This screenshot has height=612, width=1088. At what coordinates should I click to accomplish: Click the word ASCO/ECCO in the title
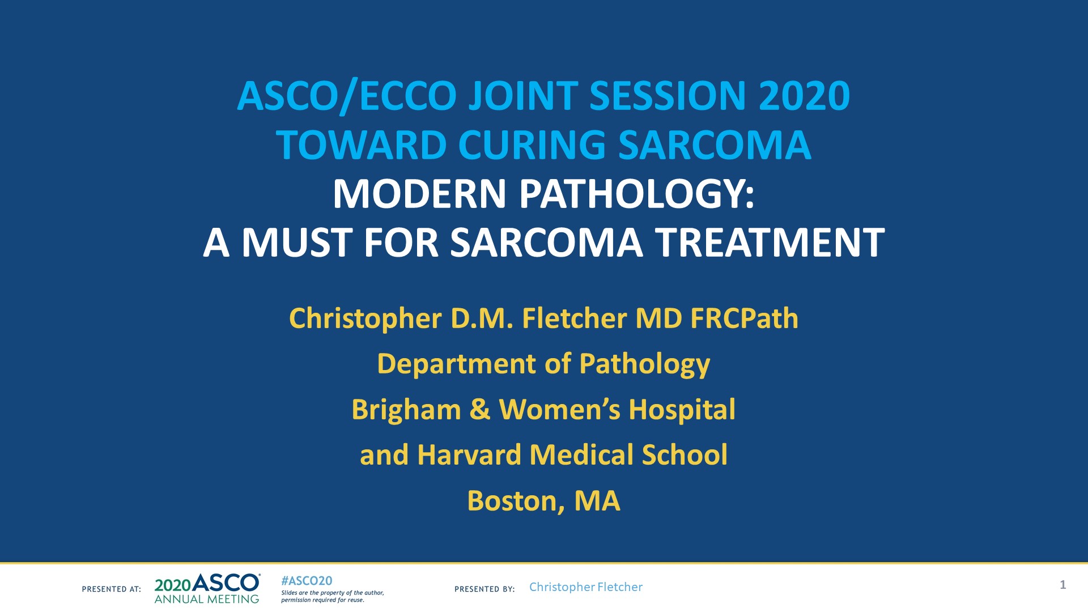click(x=346, y=96)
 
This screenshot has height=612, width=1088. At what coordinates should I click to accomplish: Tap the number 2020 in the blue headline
click(x=804, y=96)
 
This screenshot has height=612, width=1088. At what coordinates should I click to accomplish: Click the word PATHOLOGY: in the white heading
click(x=637, y=194)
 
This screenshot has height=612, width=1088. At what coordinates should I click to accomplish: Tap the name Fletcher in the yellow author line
click(x=575, y=318)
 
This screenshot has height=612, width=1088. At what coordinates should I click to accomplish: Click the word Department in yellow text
click(x=456, y=364)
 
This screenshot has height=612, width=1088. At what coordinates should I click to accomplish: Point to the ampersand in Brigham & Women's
click(x=479, y=410)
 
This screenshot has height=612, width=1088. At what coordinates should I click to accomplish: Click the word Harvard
click(x=469, y=455)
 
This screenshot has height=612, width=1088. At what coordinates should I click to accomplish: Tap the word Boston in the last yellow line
click(x=515, y=501)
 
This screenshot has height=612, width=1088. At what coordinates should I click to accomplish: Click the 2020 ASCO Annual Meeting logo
click(x=207, y=589)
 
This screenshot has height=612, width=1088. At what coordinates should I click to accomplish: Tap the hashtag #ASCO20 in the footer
click(x=307, y=581)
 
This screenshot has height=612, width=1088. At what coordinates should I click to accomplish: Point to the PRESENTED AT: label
click(x=112, y=589)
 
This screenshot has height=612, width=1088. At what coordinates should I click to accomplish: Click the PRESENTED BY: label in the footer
click(x=484, y=589)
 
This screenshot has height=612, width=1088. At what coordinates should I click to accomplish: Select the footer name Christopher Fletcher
click(x=585, y=587)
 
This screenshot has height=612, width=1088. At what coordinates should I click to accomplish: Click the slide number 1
click(x=1062, y=585)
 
